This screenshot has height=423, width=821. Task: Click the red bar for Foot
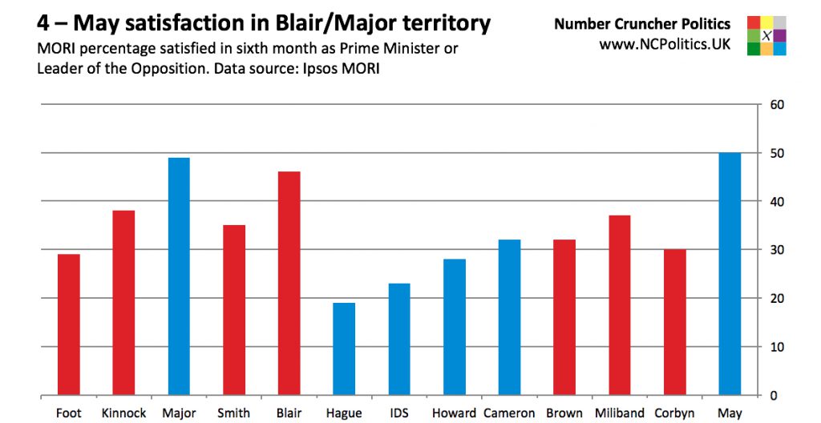(69, 324)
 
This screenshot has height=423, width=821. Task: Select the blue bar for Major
(179, 276)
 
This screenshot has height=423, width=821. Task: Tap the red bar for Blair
(289, 284)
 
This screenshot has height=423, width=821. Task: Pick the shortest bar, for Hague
(344, 349)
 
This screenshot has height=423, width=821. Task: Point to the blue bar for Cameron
(509, 317)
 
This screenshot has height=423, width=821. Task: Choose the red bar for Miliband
(619, 305)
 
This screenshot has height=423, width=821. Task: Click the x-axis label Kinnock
(123, 413)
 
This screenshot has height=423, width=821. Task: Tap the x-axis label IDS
(399, 413)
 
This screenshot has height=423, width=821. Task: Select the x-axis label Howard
(454, 413)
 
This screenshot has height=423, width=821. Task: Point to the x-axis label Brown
(564, 413)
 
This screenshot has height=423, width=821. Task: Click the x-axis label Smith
(234, 413)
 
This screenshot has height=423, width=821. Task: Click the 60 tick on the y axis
(777, 104)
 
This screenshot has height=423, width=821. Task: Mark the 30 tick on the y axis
(777, 250)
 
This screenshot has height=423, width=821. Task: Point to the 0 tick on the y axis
(774, 396)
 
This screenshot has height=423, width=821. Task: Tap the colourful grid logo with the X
(766, 35)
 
